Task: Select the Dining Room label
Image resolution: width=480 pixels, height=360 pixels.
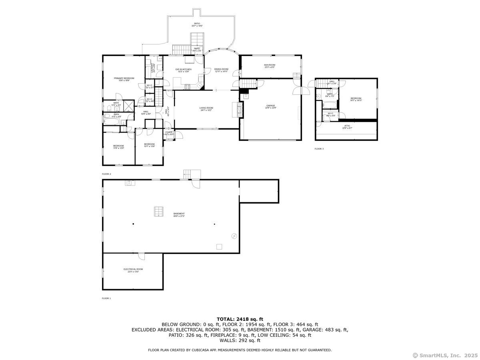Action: click(221, 70)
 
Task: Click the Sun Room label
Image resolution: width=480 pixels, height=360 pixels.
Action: click(270, 66)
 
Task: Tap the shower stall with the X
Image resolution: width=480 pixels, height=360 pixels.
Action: click(129, 106)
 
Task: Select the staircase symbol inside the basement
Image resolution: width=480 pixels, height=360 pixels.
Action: click(158, 212)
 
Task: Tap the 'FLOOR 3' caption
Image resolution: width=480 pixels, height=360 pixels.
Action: click(319, 149)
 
